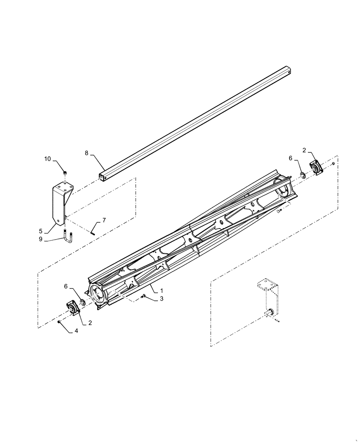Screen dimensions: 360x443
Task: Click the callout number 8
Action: tap(86, 153)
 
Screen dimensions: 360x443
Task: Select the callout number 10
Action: tap(47, 159)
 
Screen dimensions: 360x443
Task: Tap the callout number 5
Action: tap(40, 230)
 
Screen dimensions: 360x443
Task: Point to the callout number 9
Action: tap(40, 239)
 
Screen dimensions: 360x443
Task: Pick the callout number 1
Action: tap(161, 291)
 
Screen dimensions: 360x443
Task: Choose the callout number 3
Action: tap(161, 299)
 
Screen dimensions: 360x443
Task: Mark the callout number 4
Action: tap(76, 331)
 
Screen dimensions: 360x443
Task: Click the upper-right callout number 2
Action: tap(304, 150)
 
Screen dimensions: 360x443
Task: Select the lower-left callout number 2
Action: tap(90, 323)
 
